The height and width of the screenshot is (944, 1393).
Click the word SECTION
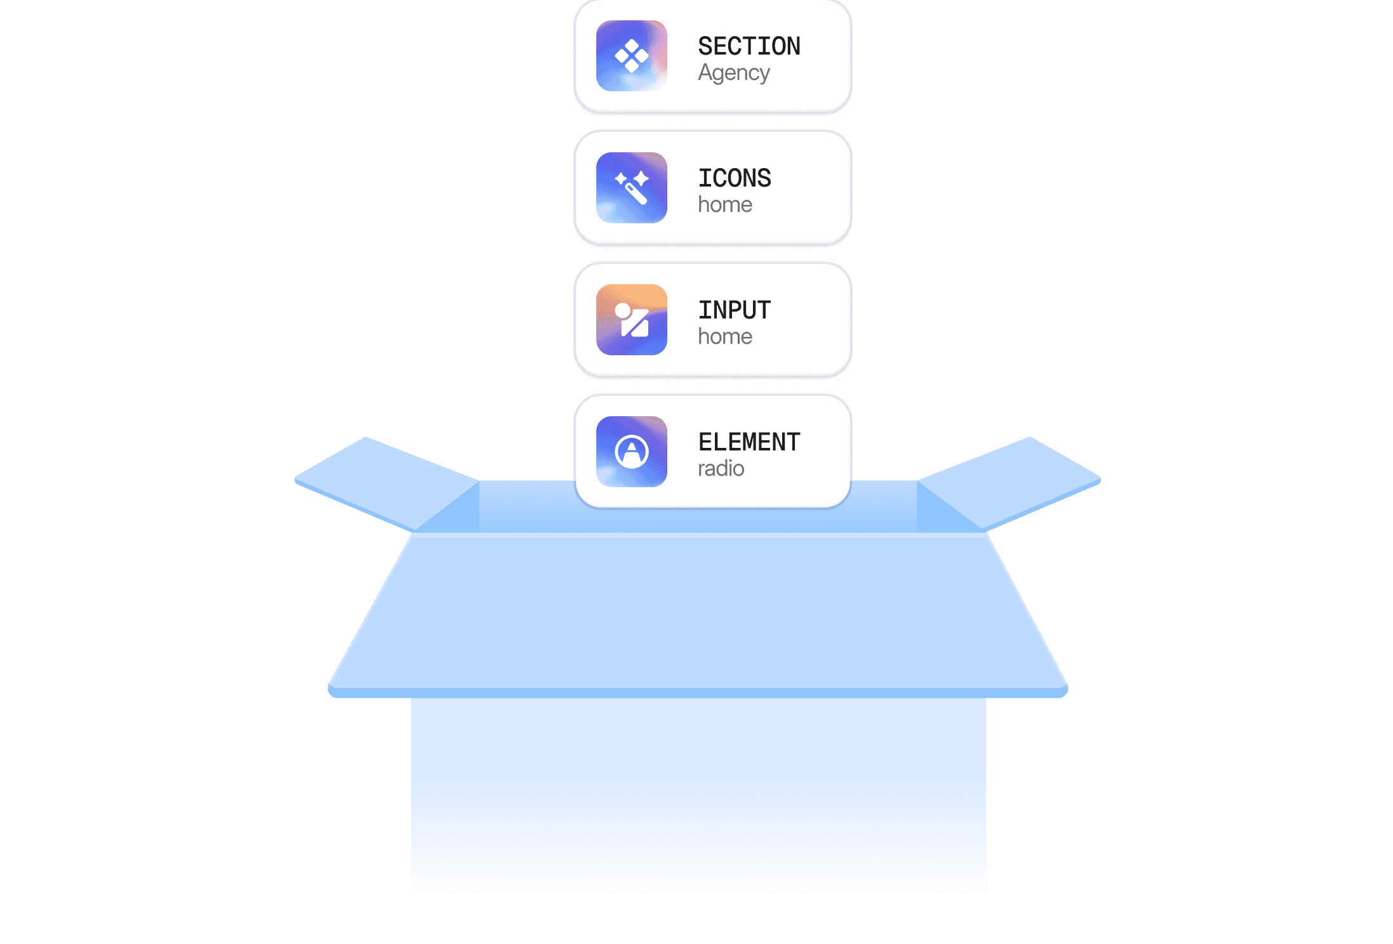point(749,46)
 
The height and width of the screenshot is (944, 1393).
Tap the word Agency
point(733,74)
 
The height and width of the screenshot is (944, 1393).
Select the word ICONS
point(735,178)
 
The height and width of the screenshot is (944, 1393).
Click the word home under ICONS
point(724,205)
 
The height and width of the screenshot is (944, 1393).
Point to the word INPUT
point(735,310)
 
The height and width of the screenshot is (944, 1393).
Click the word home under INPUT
point(724,337)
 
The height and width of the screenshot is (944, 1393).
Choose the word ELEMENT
point(749,442)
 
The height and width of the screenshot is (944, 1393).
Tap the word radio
point(721,469)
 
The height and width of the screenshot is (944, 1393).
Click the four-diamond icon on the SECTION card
point(631,56)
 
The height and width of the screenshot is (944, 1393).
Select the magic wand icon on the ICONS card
point(631,188)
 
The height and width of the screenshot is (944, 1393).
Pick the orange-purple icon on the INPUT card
point(631,320)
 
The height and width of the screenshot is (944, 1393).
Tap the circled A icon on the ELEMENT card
point(631,452)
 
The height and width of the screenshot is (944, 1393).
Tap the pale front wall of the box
point(698,793)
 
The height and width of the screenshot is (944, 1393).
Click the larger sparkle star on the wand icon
point(641,178)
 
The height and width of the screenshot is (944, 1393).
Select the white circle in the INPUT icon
point(623,310)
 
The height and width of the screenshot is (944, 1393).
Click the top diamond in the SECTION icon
point(632,46)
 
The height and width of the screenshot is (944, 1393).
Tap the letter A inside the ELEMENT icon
point(631,451)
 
